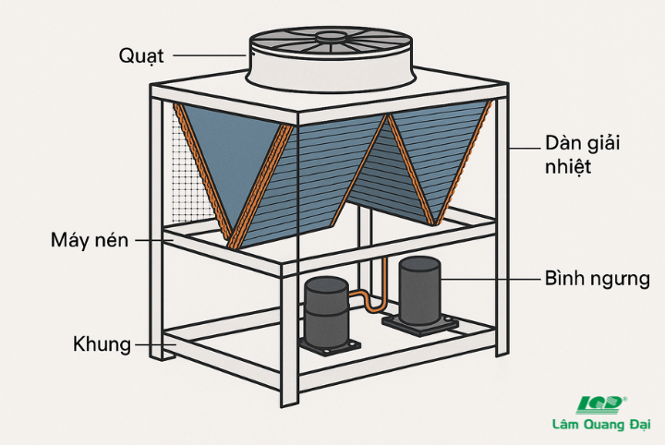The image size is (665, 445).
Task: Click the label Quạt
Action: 141,55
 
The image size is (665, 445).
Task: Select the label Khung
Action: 102,345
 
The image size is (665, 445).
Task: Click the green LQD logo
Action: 601,404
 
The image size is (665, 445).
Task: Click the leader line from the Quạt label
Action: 208,55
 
